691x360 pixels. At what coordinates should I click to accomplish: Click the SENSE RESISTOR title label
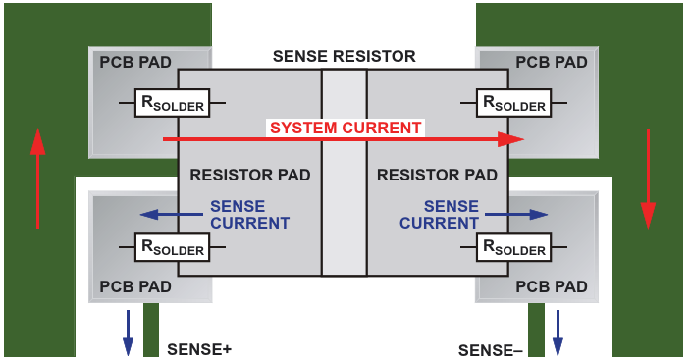click(345, 56)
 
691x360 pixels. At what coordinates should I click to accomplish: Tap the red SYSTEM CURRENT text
click(345, 128)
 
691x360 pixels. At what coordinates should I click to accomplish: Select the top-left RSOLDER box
click(172, 103)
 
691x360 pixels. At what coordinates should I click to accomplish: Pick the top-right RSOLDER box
click(514, 103)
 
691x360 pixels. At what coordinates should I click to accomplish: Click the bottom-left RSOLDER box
click(172, 247)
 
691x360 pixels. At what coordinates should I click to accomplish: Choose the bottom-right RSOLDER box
click(514, 247)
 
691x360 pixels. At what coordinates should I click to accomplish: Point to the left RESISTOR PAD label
click(250, 175)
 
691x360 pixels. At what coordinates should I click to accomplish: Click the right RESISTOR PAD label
click(437, 175)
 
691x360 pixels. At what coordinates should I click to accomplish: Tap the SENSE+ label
click(199, 349)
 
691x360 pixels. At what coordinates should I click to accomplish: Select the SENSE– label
click(491, 350)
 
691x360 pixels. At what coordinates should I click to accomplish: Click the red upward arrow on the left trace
click(38, 179)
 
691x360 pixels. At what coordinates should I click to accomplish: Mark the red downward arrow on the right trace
click(648, 179)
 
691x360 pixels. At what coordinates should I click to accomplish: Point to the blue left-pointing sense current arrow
click(172, 215)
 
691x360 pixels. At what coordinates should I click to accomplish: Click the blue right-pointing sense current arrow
click(516, 215)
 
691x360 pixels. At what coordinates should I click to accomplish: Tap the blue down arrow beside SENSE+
click(128, 334)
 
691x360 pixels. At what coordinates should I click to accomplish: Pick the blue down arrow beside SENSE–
click(558, 334)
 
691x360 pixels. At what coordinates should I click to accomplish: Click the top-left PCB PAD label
click(135, 62)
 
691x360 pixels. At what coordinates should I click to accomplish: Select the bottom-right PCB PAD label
click(552, 286)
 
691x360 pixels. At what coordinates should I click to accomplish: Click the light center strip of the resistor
click(345, 173)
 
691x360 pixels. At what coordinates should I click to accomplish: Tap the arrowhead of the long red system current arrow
click(512, 139)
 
